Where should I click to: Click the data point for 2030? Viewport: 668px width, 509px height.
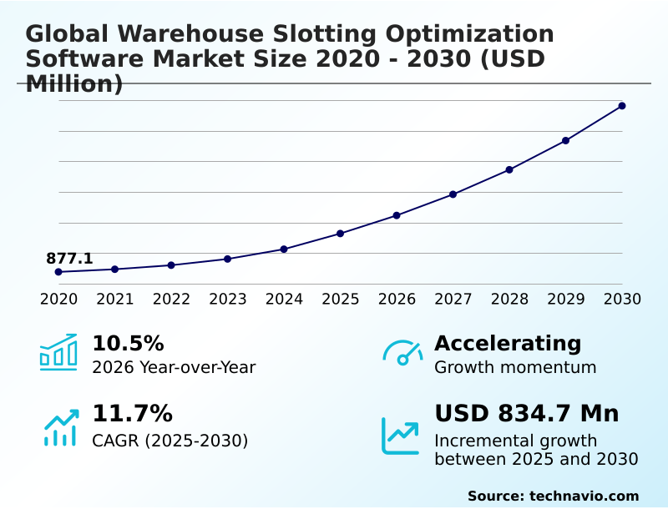[622, 106]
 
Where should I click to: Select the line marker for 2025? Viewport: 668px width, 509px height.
[340, 234]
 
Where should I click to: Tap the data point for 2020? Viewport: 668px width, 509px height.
[58, 272]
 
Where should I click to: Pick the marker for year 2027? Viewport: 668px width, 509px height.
[453, 194]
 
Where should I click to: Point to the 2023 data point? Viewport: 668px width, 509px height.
[227, 259]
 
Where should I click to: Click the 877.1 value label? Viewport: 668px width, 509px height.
[69, 259]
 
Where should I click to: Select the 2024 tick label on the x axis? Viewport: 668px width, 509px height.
[284, 300]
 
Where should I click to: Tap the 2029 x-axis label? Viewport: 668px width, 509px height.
[565, 300]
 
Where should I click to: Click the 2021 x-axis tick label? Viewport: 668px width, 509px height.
[114, 300]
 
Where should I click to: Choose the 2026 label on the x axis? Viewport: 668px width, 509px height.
[397, 300]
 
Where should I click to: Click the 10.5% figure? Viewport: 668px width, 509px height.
[128, 344]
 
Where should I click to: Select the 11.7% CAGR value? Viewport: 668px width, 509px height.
[132, 414]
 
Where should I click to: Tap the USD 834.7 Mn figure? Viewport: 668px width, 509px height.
[526, 414]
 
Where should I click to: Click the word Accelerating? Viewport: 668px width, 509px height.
[508, 344]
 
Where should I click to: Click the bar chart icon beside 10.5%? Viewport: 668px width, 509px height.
[58, 352]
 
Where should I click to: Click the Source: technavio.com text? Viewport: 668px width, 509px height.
[553, 496]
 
